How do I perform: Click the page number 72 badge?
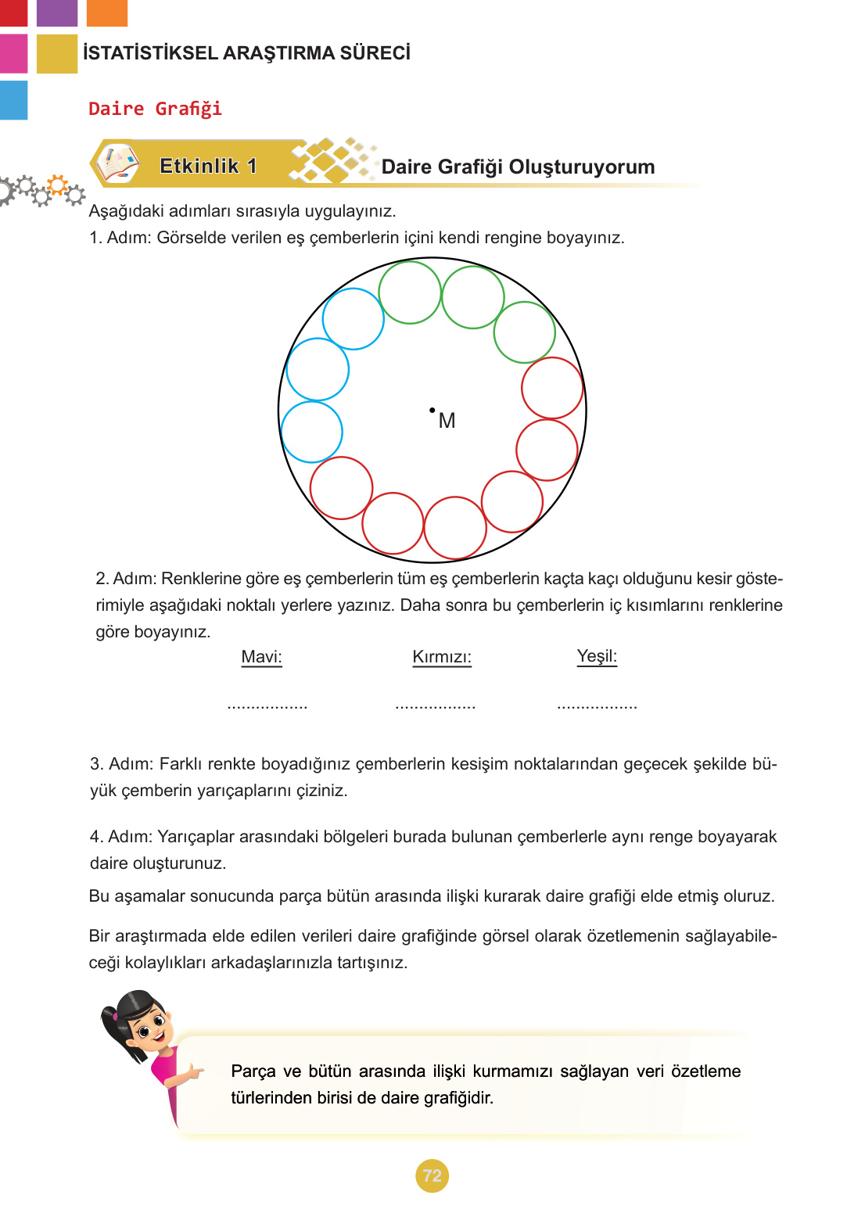(432, 1175)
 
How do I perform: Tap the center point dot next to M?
(432, 410)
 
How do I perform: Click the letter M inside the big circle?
(447, 421)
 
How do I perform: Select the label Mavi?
(261, 657)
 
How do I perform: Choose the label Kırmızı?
(442, 657)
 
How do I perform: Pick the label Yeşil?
(597, 656)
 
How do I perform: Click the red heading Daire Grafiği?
(155, 109)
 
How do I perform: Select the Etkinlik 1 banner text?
(208, 166)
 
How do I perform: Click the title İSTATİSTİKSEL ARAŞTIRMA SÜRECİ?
(246, 53)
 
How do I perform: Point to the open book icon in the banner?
(117, 164)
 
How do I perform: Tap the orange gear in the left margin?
(57, 185)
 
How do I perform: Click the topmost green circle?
(410, 292)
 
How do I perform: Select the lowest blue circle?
(311, 432)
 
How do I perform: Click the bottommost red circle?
(455, 528)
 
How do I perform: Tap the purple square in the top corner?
(57, 13)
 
